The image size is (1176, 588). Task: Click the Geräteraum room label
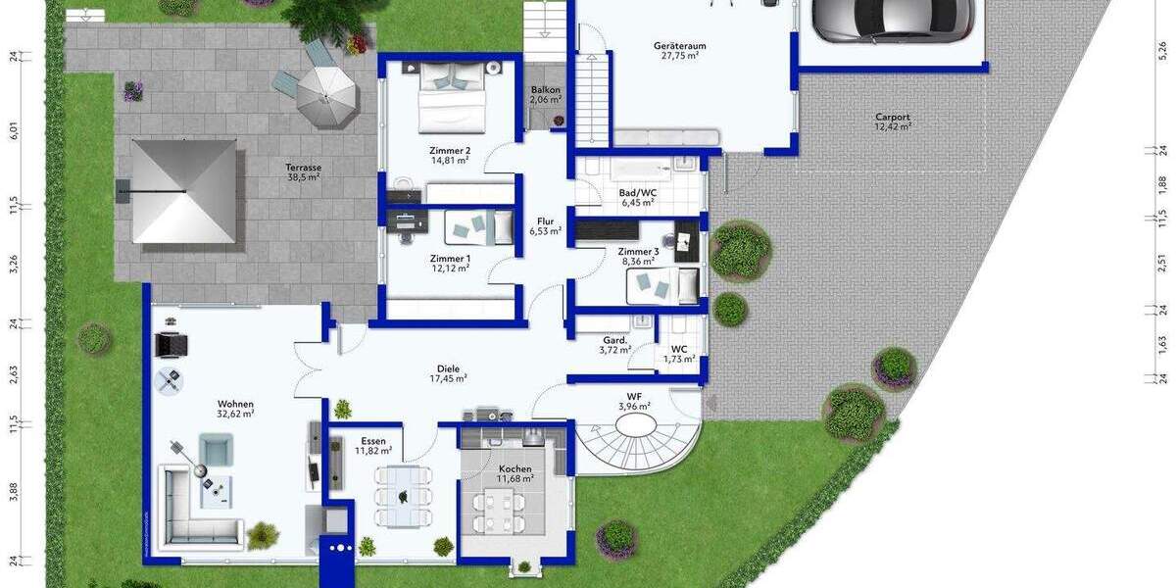(679, 51)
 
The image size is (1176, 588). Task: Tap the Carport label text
(893, 122)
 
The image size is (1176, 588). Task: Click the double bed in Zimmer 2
(452, 95)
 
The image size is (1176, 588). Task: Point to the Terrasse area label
(304, 172)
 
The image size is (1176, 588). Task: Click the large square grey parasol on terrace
(184, 190)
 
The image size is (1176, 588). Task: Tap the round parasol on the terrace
(326, 92)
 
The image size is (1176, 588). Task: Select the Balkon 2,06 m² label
(546, 94)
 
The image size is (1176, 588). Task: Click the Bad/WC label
(638, 198)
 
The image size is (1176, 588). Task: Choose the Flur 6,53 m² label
(545, 226)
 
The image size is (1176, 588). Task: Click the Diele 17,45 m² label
(449, 373)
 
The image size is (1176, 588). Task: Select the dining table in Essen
(403, 496)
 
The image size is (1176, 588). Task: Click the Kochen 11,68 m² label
(514, 473)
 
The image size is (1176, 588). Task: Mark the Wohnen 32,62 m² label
(236, 409)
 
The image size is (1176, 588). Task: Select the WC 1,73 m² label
(678, 354)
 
